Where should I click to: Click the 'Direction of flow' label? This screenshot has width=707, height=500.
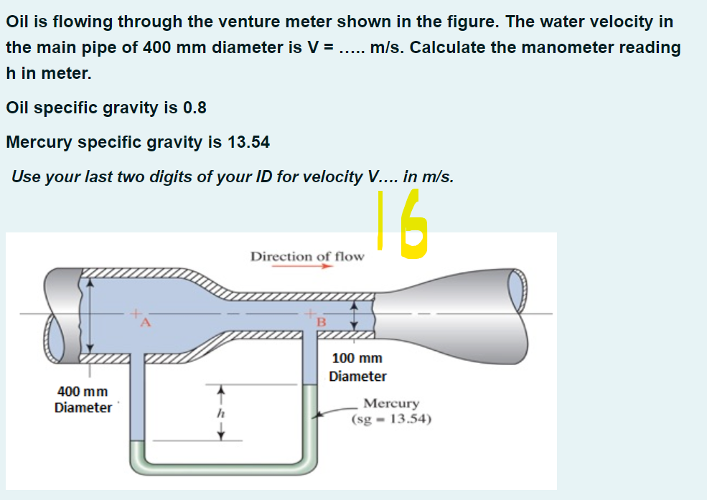[306, 256]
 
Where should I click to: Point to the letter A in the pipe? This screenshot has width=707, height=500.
[143, 322]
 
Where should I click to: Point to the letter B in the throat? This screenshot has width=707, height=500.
[321, 322]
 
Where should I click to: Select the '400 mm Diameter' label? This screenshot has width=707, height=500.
[83, 400]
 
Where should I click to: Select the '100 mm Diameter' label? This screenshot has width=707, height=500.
[357, 367]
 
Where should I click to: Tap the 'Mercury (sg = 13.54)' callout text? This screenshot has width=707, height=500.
[391, 412]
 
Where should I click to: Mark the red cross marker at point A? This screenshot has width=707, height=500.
[134, 313]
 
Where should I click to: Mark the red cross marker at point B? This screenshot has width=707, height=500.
[310, 313]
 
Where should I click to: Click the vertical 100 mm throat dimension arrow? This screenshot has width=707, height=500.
[352, 314]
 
